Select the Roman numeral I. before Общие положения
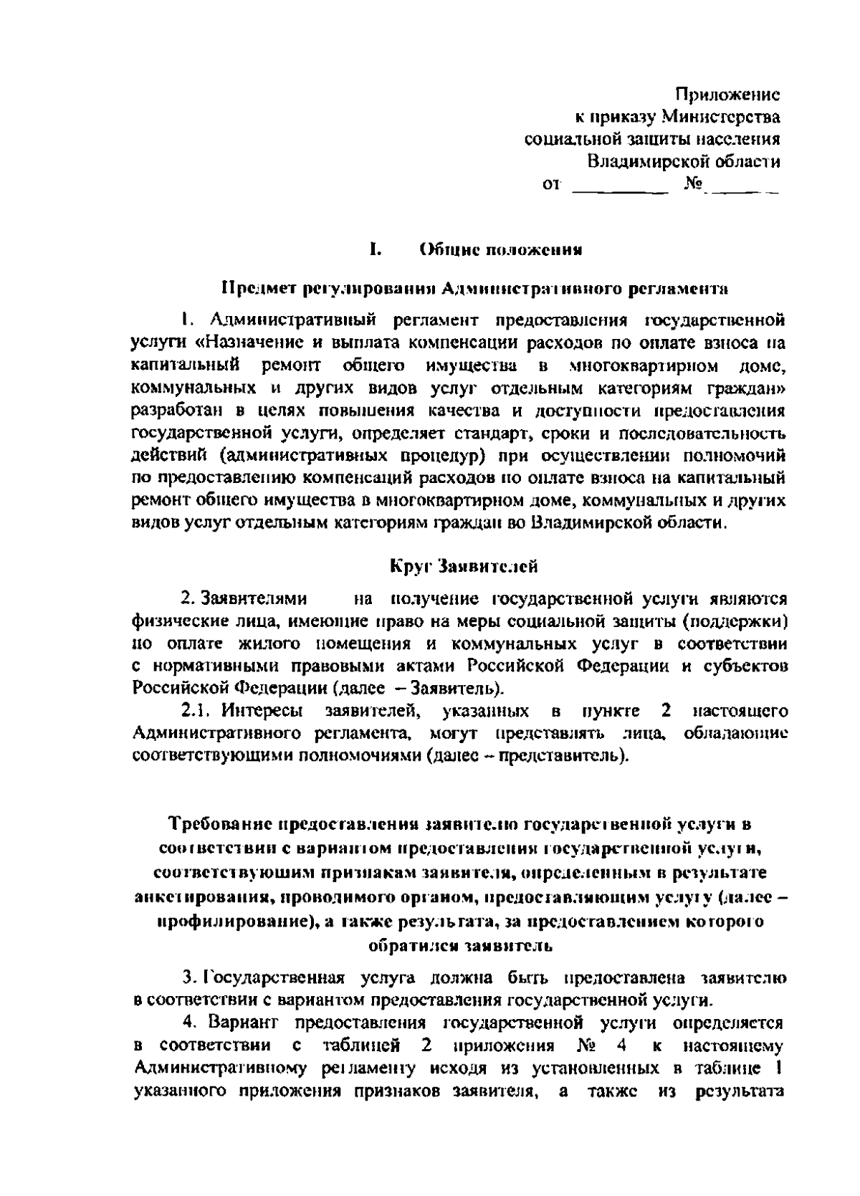(x=374, y=250)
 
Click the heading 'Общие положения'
(x=500, y=250)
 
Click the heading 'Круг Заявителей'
(x=464, y=566)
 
